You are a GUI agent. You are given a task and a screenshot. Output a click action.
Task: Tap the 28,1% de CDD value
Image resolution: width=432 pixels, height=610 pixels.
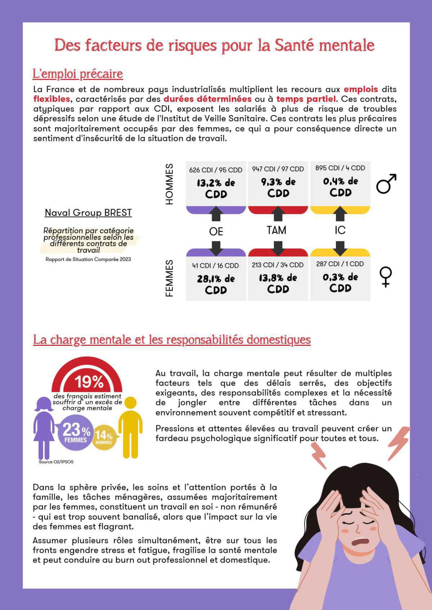pos(216,284)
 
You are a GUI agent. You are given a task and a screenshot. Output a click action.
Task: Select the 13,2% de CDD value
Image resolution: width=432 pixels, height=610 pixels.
pos(216,188)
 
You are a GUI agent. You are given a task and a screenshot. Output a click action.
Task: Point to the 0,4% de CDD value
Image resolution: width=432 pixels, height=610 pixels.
pos(340,187)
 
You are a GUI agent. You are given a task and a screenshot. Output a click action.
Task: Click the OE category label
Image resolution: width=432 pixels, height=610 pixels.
pos(216,231)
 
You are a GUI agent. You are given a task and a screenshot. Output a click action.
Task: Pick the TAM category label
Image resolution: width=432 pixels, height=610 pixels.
pos(276,230)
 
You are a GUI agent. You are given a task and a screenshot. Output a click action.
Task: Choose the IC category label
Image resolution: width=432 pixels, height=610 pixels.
pos(340,230)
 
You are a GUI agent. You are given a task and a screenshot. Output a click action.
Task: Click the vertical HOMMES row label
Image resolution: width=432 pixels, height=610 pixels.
pos(169,184)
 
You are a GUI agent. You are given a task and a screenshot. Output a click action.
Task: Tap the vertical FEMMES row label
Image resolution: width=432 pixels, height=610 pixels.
pos(169,278)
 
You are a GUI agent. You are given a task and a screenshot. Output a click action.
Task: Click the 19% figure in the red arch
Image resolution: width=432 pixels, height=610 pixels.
pos(89,382)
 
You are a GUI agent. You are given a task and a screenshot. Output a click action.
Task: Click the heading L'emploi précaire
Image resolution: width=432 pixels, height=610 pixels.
pos(78,74)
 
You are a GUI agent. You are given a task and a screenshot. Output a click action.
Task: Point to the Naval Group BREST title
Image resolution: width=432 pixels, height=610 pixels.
pos(88,213)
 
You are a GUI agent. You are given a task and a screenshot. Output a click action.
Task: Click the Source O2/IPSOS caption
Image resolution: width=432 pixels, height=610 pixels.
pos(56,462)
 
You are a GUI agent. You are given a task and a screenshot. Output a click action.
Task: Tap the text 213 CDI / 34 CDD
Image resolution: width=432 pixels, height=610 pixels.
pos(278,265)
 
